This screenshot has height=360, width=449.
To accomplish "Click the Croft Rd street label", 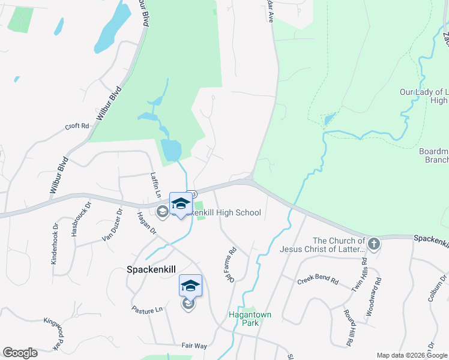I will point(77,126).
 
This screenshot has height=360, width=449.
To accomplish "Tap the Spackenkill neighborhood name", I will point(151,269).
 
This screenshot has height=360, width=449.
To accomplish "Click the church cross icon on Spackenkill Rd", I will point(374,244).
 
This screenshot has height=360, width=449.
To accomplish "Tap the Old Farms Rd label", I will point(229,266).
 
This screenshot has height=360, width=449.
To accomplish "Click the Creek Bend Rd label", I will point(318,281).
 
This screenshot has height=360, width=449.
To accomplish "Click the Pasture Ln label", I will point(147,309).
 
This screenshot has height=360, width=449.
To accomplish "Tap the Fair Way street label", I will point(194,346).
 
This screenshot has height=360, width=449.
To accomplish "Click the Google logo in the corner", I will point(20,353).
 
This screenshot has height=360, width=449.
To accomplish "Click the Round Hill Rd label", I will point(348,328).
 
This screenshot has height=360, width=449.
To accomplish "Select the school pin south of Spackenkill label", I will point(190,286).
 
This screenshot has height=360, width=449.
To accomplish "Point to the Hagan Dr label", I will point(146,223).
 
